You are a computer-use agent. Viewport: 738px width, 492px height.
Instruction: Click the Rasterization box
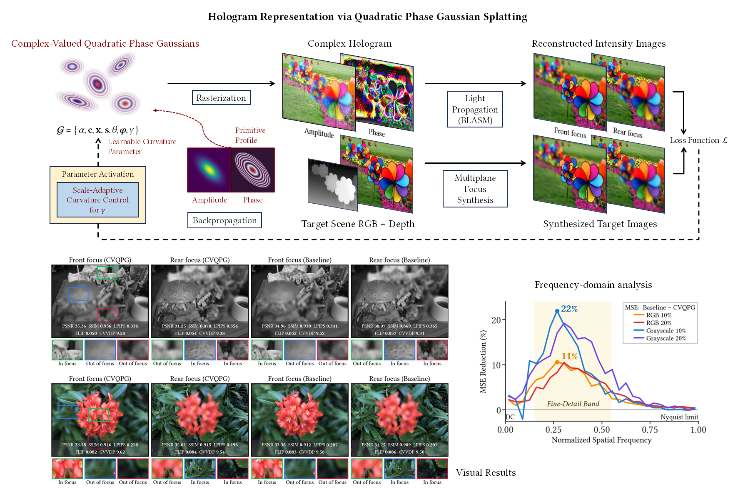[221, 97]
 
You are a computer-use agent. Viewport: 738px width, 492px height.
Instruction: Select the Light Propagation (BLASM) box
[475, 109]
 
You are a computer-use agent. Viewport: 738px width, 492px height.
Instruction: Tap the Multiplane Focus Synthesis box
[475, 189]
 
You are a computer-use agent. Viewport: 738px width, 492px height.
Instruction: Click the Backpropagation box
[224, 220]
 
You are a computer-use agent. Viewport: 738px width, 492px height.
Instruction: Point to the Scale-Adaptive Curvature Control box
[97, 200]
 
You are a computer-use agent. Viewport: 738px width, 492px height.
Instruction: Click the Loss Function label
[698, 140]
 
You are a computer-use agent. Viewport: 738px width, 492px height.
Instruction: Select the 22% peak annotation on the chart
[569, 309]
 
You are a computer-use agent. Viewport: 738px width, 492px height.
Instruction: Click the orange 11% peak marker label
[569, 356]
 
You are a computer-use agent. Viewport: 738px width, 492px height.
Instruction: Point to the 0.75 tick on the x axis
[650, 430]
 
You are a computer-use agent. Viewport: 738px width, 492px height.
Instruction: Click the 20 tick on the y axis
[496, 320]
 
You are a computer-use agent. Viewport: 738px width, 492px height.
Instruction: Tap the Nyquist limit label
[679, 417]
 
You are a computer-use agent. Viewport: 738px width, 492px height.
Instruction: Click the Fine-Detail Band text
[573, 404]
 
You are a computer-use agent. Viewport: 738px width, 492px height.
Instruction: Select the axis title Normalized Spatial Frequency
[601, 440]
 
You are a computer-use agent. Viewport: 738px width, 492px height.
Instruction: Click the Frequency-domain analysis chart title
[593, 285]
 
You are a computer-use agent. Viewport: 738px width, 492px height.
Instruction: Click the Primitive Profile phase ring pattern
[253, 170]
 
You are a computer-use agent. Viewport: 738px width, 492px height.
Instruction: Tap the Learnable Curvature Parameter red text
[142, 147]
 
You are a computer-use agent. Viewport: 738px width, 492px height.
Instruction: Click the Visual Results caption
[486, 472]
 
